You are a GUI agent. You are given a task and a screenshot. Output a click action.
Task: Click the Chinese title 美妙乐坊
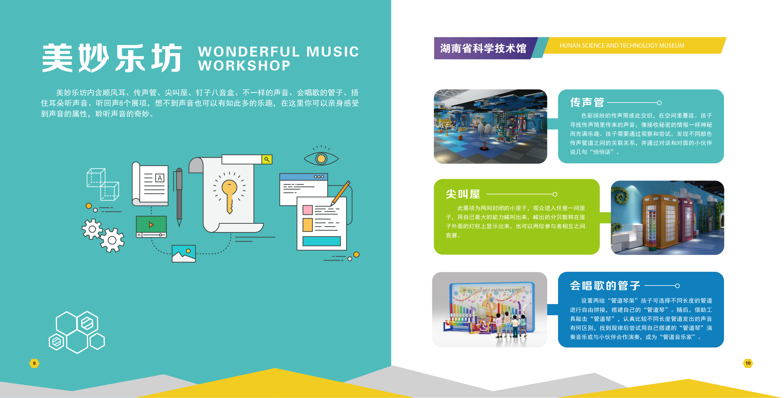112,58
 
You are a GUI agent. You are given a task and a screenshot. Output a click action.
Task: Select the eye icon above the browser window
321,157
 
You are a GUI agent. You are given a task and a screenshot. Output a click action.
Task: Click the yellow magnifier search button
267,159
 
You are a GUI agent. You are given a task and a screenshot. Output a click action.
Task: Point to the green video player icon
151,227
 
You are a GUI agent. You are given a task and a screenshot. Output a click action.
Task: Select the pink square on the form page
307,210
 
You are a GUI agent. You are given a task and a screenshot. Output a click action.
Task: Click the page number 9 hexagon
34,363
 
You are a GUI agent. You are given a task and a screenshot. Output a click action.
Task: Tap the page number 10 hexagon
748,363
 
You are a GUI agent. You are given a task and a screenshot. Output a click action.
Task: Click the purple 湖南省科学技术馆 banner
484,48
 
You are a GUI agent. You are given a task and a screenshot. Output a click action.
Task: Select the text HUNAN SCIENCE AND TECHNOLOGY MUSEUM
622,46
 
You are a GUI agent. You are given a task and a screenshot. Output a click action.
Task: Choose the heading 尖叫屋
463,194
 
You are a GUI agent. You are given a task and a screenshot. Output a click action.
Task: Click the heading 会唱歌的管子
605,286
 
